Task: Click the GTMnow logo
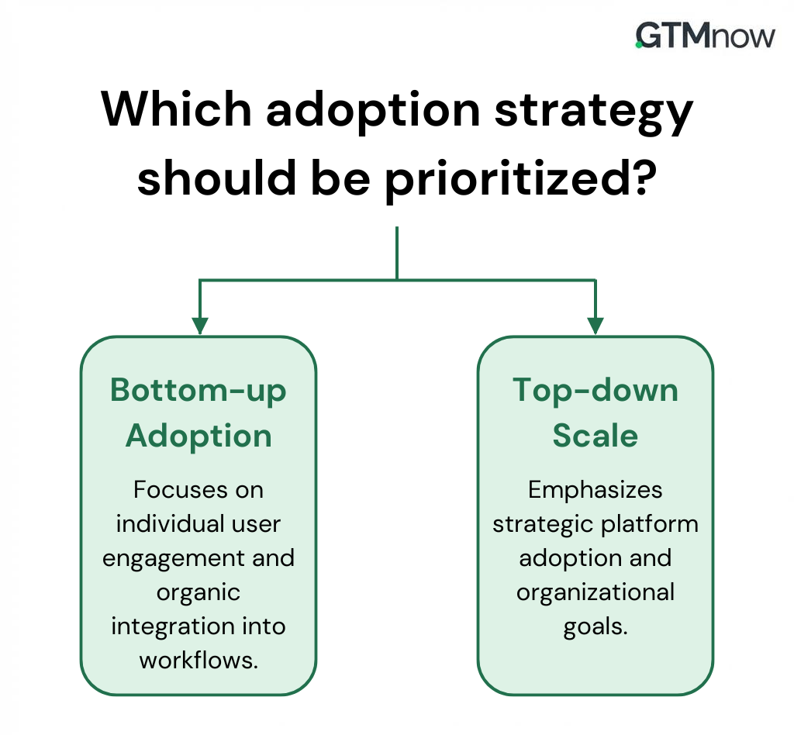point(705,36)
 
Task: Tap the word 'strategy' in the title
point(593,113)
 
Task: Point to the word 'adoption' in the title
point(373,112)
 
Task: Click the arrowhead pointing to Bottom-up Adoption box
point(200,326)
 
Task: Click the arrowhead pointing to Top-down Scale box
point(595,326)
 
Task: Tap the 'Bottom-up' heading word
point(198,392)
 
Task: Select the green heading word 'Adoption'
point(198,437)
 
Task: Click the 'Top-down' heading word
point(595,392)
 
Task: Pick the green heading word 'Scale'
point(595,435)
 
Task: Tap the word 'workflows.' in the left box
point(199,660)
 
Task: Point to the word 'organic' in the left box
point(198,593)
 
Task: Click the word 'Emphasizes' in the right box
point(595,491)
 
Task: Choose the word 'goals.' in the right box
point(595,627)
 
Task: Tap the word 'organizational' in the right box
point(595,593)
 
